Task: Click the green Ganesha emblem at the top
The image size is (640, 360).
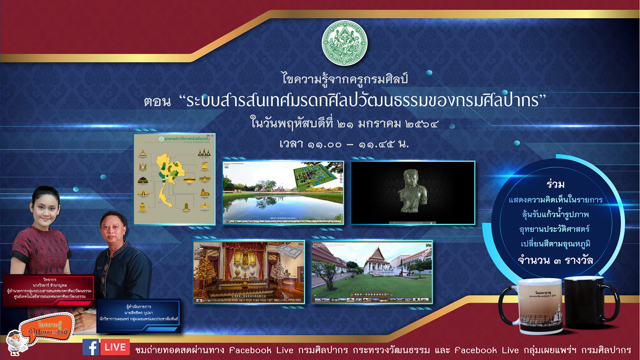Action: point(344,43)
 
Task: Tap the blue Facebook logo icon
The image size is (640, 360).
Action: point(91,347)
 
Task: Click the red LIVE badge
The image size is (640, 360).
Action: point(115,347)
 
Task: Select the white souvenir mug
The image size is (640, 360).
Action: point(536,305)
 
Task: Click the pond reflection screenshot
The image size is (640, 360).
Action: point(283,192)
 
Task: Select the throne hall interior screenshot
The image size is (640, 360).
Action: point(249,272)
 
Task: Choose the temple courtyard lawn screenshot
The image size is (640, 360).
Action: point(372,272)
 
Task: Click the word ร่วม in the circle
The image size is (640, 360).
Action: point(555,184)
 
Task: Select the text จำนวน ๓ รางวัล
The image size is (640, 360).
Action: point(555,260)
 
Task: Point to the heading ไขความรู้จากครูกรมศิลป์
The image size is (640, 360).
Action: point(345,80)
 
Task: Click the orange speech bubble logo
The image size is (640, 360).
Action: point(50,329)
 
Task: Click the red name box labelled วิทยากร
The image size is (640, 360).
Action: point(49,290)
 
